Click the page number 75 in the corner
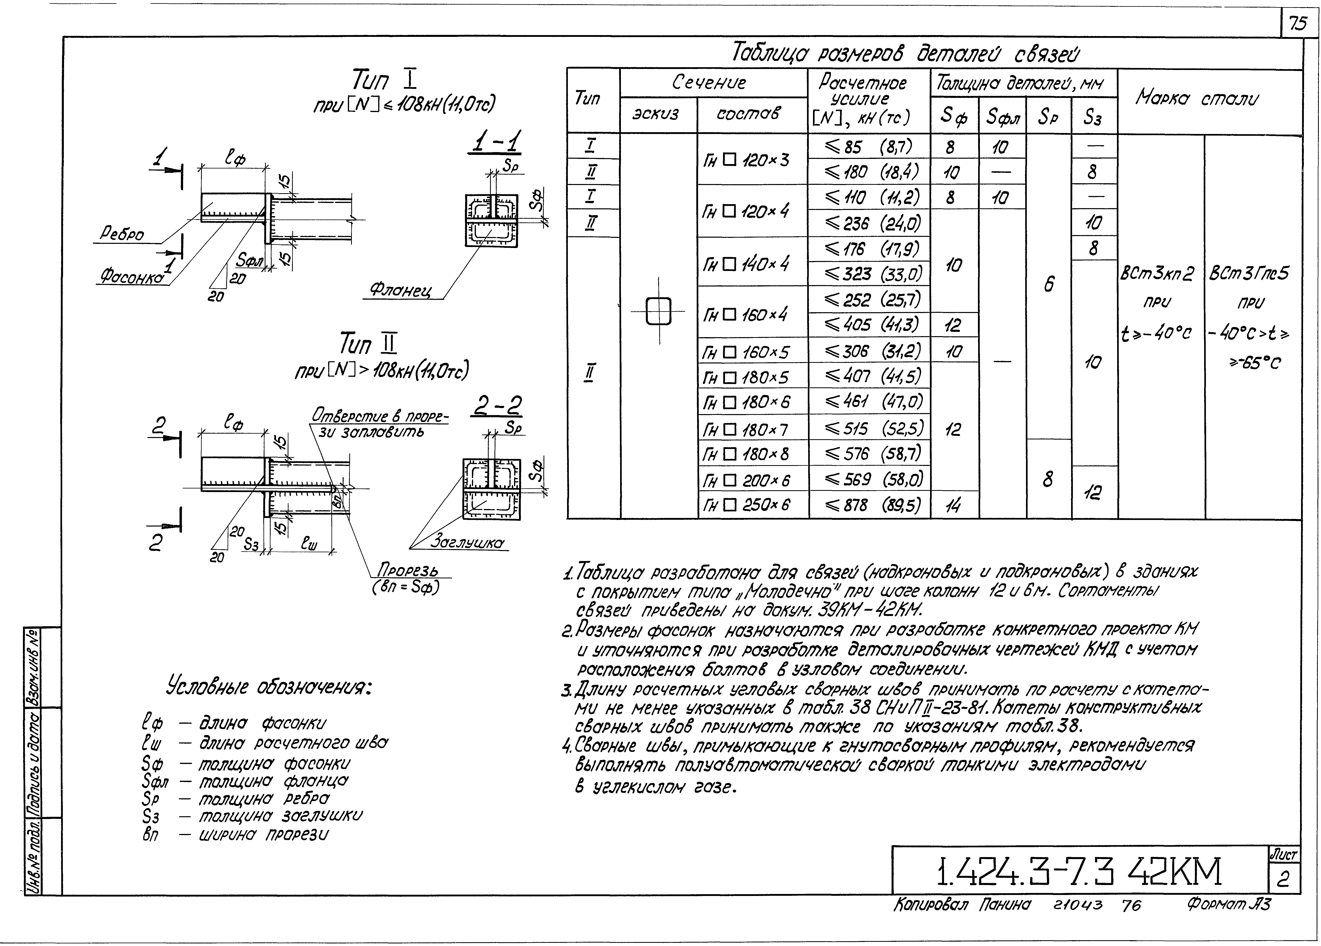pos(1298,23)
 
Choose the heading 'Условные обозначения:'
pos(269,687)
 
